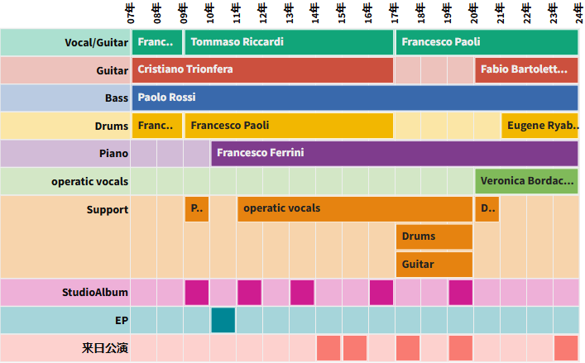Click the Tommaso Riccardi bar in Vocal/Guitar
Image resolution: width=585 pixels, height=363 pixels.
point(289,42)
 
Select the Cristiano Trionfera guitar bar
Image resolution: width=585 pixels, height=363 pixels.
point(262,69)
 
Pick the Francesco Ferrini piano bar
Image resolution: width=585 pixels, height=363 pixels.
point(395,153)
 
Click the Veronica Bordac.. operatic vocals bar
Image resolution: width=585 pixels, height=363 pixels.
point(526,180)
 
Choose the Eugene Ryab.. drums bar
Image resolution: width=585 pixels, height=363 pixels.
point(539,126)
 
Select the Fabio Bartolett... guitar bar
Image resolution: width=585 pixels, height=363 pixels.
point(526,69)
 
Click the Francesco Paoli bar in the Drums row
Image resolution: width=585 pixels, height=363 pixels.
point(289,126)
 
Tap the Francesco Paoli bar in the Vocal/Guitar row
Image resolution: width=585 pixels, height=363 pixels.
point(487,42)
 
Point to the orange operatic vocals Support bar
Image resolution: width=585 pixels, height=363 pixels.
point(355,208)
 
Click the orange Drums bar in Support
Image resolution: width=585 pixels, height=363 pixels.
point(434,236)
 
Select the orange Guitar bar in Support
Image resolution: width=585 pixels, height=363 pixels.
point(434,265)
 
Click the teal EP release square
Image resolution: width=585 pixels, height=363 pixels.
point(223,319)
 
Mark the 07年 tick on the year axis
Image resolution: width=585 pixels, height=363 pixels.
point(132,14)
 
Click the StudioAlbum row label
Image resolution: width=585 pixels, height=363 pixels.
point(95,292)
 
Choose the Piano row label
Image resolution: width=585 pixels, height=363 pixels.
point(113,153)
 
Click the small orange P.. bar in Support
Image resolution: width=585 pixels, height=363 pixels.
point(197,208)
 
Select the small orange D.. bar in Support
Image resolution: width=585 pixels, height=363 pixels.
point(487,208)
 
